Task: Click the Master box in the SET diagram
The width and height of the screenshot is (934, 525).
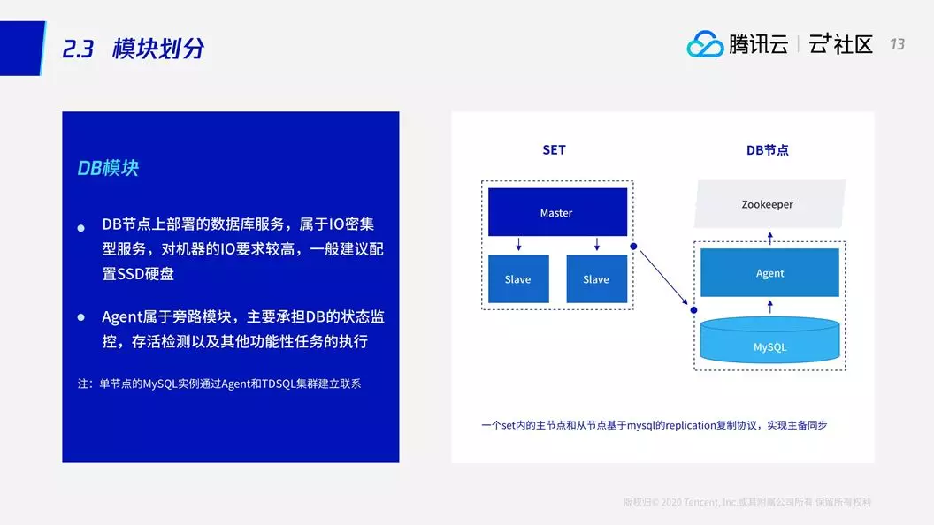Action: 557,212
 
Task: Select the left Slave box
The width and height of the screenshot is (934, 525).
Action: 518,278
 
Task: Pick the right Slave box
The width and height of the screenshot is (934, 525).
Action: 597,278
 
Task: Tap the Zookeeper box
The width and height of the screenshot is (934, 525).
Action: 769,203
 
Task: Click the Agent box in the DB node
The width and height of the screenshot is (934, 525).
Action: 769,272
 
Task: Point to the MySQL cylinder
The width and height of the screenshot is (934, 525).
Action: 769,340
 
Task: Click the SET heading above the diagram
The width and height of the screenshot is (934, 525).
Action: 554,150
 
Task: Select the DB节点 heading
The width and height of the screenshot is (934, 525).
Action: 767,150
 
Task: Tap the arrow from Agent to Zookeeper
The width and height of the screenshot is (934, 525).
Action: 770,238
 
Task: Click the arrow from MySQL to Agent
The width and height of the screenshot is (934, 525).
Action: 770,307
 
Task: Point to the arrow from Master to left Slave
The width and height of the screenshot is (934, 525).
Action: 519,244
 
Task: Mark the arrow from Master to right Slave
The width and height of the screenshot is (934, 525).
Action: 597,244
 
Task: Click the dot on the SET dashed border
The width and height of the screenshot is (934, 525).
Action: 633,246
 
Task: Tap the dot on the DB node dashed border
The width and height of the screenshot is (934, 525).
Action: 693,310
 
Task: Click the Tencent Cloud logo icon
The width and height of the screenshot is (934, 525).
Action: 705,44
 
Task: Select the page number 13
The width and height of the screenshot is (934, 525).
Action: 897,44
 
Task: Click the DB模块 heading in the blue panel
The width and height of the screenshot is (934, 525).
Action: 108,168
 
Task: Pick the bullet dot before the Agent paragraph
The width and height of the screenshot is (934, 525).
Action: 81,317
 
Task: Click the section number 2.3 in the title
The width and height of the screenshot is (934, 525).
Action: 78,49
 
